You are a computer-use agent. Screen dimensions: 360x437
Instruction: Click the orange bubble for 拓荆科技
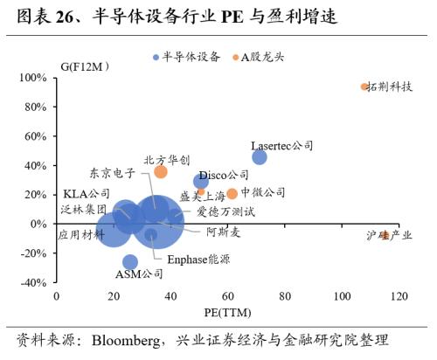point(365,87)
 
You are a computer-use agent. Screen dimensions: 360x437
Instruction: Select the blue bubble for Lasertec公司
point(260,156)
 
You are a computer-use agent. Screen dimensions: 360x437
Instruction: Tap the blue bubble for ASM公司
point(130,262)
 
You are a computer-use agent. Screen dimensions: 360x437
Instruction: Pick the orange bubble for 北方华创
point(161,171)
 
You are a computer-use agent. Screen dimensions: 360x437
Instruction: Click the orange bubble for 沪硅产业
point(385,235)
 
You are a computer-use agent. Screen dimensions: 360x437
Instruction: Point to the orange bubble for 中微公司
point(232,193)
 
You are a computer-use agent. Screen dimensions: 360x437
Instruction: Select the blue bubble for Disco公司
point(201,182)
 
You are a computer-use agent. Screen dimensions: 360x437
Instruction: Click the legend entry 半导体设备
point(185,57)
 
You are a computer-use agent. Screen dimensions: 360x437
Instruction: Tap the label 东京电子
point(112,173)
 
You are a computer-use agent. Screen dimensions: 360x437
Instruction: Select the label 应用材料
point(80,234)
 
